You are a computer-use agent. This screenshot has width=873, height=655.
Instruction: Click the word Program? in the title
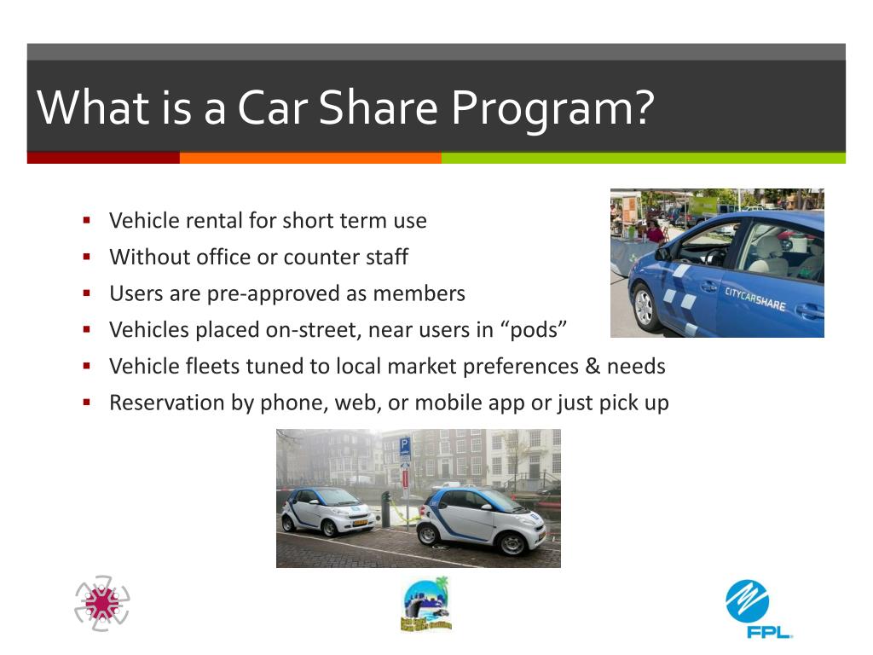tap(552, 108)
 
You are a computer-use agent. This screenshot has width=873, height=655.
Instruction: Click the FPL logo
tap(758, 608)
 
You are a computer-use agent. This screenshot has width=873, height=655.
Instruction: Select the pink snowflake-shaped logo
tap(102, 603)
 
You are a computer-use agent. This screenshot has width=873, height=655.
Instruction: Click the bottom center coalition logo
tap(425, 605)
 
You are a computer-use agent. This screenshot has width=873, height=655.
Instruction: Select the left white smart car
tap(328, 510)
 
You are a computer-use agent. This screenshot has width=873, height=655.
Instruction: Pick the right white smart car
tap(481, 518)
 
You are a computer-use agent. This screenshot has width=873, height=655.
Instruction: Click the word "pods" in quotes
tap(535, 330)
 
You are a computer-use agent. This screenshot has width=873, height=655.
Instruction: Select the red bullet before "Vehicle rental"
tap(87, 220)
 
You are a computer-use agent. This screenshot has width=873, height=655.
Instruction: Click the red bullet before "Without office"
tap(87, 256)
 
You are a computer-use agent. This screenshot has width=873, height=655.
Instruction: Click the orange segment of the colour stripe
tap(310, 158)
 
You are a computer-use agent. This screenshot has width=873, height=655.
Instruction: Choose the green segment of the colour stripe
tap(643, 158)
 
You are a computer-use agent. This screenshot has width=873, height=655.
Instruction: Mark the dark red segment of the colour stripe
tap(103, 158)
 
